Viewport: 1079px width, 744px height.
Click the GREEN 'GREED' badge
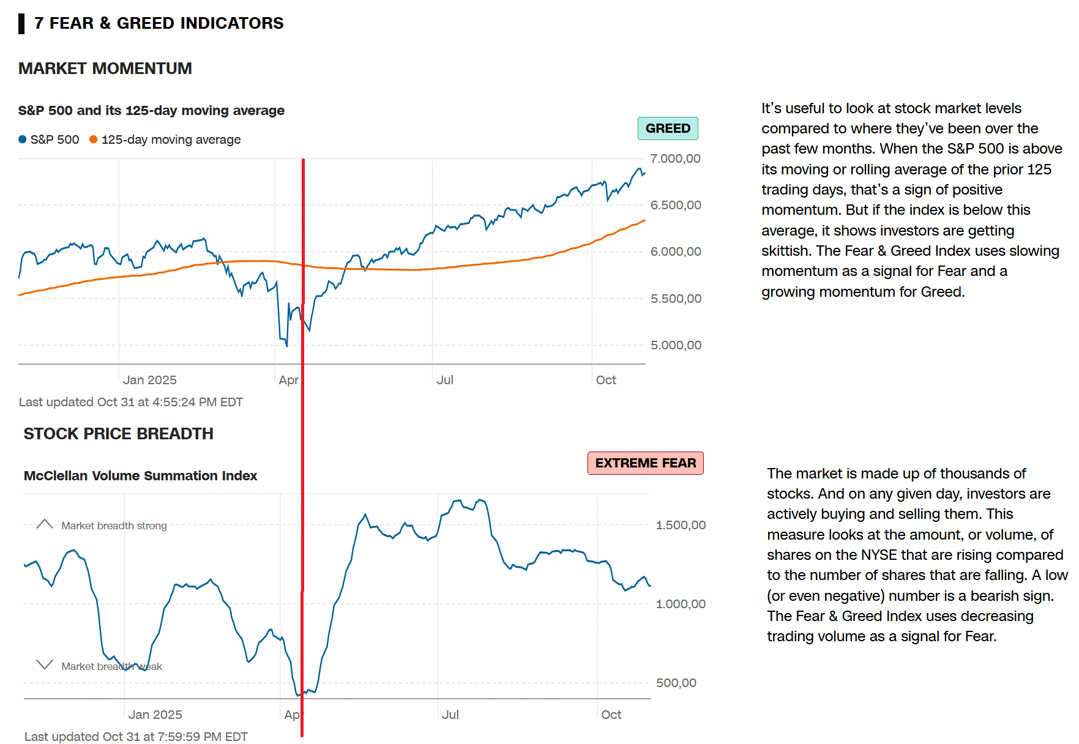(668, 128)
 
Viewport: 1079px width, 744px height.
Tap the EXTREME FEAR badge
(645, 463)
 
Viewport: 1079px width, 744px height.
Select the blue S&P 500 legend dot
(23, 139)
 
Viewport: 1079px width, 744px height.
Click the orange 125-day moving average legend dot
(94, 139)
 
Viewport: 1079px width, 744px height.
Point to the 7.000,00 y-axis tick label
(675, 159)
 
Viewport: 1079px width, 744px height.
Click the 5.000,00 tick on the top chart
(676, 345)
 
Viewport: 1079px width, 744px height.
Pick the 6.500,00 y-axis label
(675, 205)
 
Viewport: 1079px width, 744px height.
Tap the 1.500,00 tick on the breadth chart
(681, 525)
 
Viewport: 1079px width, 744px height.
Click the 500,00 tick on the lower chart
(676, 683)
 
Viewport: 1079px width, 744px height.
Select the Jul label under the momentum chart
(445, 380)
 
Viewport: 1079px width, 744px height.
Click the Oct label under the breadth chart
(611, 715)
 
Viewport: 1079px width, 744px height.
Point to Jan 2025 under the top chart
(149, 380)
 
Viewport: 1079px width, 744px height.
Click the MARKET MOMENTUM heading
(105, 69)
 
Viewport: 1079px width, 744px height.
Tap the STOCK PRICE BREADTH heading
(118, 434)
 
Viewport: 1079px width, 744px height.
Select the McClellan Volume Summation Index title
(140, 476)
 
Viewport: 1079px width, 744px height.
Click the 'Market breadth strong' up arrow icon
(45, 524)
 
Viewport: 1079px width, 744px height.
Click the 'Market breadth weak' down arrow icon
(45, 664)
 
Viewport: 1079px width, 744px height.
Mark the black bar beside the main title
(21, 23)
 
